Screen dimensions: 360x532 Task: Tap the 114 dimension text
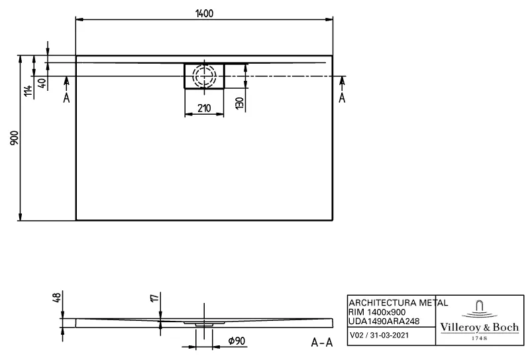[x=28, y=91]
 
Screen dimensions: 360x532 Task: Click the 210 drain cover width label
[x=204, y=108]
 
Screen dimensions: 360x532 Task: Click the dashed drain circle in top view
[x=204, y=76]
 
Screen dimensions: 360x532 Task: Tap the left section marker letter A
[x=66, y=98]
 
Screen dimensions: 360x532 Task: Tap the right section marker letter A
[x=342, y=98]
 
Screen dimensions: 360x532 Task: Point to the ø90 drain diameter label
[x=237, y=341]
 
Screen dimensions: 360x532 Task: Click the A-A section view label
[x=321, y=343]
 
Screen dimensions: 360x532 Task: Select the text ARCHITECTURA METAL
[x=398, y=302]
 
